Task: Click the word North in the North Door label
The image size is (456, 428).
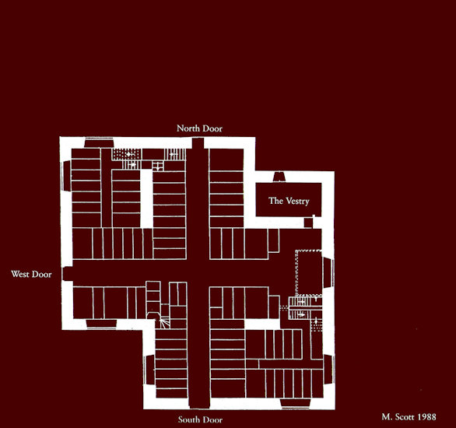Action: (188, 128)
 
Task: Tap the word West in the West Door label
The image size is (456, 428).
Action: (19, 274)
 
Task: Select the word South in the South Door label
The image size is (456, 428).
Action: (189, 419)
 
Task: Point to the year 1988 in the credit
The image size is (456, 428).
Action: (427, 417)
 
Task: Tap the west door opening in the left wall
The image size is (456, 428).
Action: (68, 274)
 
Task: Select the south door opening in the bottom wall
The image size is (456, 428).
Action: (199, 402)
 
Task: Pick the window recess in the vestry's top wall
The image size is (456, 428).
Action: (279, 177)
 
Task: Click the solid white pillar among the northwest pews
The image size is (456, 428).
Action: (146, 198)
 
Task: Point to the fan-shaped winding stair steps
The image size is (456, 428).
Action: (164, 323)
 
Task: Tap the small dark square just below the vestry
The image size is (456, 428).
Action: (308, 223)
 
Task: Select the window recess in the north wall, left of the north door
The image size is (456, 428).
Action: (99, 143)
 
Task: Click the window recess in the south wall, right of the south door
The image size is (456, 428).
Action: (296, 404)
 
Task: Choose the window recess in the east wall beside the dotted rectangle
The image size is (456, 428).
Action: (328, 272)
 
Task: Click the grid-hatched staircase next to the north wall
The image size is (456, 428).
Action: (127, 154)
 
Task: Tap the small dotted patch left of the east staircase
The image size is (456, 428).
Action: (283, 307)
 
